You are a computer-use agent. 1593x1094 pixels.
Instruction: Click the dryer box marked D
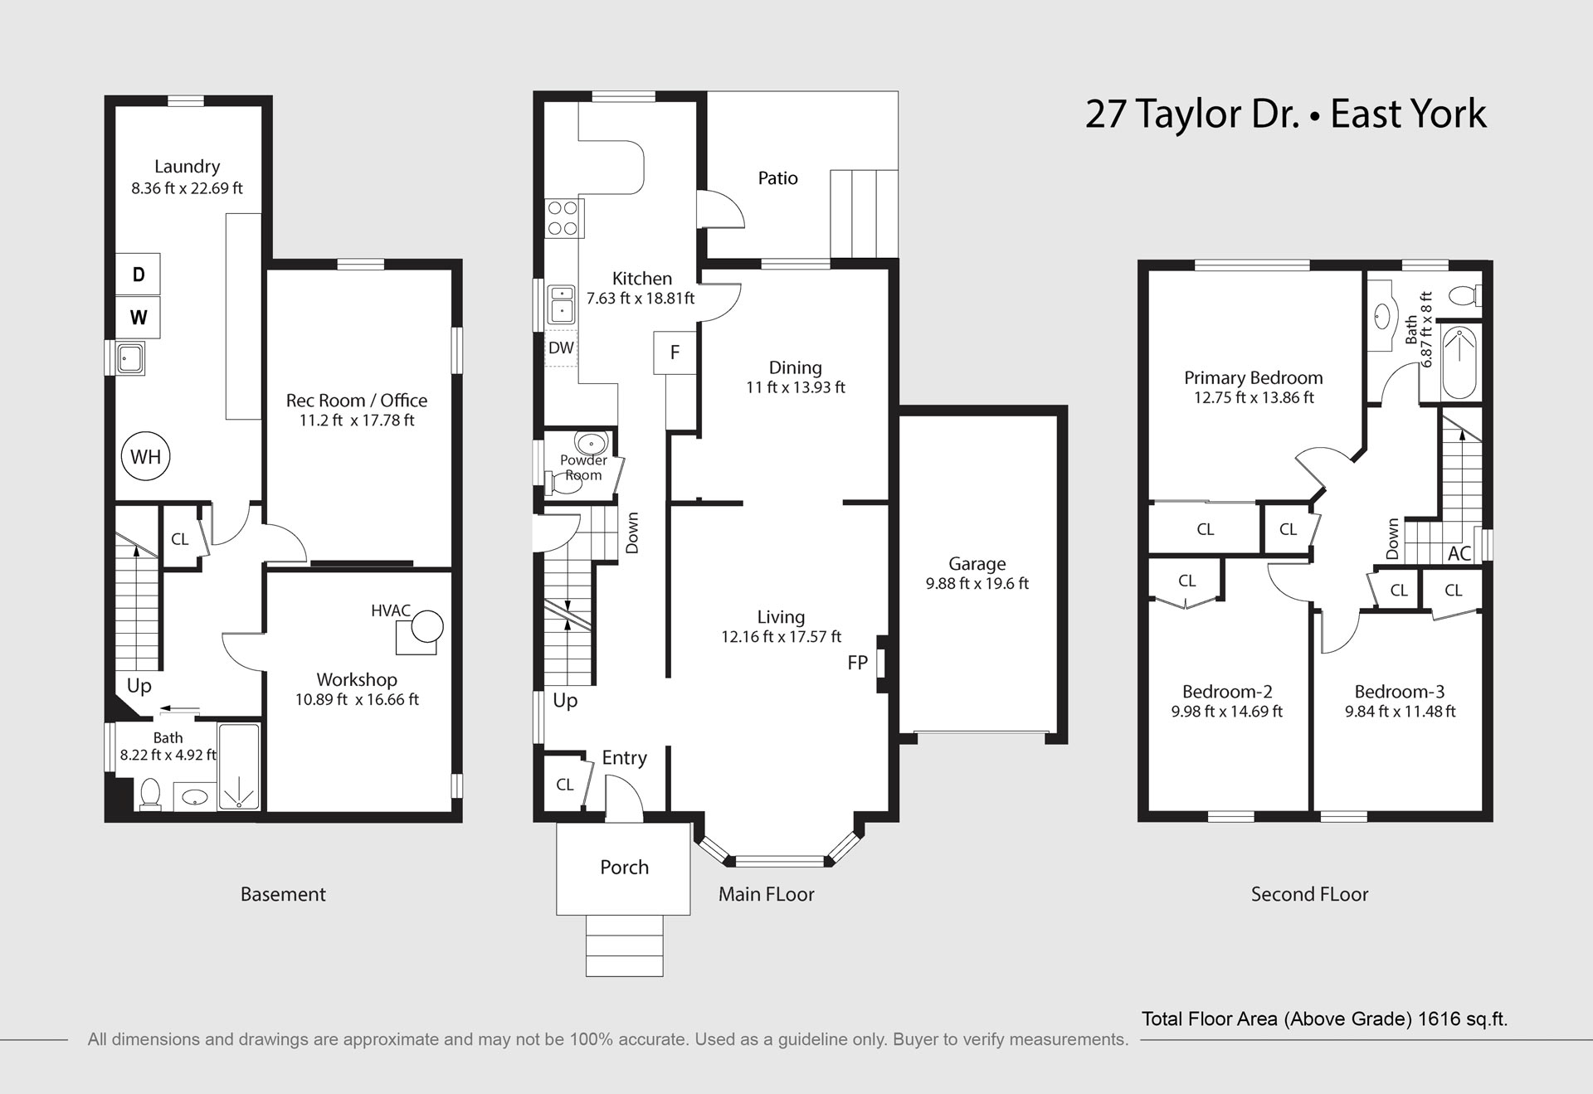coord(138,274)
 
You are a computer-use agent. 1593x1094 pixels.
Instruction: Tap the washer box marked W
coord(138,317)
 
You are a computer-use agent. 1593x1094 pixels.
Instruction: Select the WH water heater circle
coord(146,456)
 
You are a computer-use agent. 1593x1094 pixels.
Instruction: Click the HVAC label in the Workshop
coord(391,610)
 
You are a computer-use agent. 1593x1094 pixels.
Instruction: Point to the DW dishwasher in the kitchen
coord(562,348)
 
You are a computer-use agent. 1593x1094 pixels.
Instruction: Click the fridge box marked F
coord(675,353)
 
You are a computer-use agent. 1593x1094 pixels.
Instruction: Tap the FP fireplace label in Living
coord(858,663)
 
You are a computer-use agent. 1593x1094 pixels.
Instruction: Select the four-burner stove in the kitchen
coord(562,218)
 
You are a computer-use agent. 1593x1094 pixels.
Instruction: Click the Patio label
coord(778,178)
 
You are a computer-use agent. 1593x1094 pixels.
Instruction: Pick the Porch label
coord(625,868)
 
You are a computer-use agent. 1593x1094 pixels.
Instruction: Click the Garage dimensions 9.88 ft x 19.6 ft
coord(977,584)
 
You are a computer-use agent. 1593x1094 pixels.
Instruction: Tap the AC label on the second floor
coord(1459,553)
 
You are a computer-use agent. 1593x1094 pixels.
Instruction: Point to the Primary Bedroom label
coord(1254,378)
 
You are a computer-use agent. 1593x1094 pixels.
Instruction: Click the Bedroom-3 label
coord(1400,692)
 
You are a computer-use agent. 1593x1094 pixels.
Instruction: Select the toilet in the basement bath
coord(150,794)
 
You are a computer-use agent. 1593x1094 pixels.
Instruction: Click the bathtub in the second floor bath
coord(1459,363)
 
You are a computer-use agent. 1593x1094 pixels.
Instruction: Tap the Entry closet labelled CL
coord(565,785)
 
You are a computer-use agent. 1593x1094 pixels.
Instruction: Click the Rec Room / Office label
coord(357,401)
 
